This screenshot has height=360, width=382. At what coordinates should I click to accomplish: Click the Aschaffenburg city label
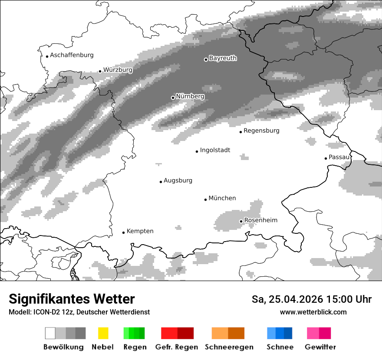pos(72,55)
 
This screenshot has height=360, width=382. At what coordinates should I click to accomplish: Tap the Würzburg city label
pos(118,70)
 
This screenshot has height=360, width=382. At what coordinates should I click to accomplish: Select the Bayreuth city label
pos(223,58)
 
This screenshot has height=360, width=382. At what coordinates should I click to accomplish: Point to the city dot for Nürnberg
pos(173,98)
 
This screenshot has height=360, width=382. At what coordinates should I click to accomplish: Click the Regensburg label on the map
pos(261,131)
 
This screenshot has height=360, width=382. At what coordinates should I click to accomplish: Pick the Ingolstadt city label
pos(215,150)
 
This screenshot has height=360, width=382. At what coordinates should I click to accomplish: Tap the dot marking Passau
pos(326,158)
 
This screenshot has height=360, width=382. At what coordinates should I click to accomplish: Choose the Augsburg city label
pos(178,180)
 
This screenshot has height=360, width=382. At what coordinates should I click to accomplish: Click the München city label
pos(222,198)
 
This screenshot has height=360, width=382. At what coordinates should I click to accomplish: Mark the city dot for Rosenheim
pos(241,221)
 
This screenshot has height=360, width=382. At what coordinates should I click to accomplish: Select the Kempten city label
pos(140,231)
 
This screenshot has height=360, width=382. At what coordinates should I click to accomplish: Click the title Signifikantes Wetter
pos(72,299)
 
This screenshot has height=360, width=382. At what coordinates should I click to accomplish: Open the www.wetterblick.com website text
pos(313,312)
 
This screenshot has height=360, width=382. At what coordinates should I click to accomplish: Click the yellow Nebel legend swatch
pos(103,333)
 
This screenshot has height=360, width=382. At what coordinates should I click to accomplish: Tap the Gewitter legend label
pos(320,347)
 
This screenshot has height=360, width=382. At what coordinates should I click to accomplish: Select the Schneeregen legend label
pos(229,347)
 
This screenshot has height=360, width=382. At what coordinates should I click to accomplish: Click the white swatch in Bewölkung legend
pos(50,333)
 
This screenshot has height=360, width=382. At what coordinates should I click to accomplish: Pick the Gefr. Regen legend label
pos(177,347)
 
